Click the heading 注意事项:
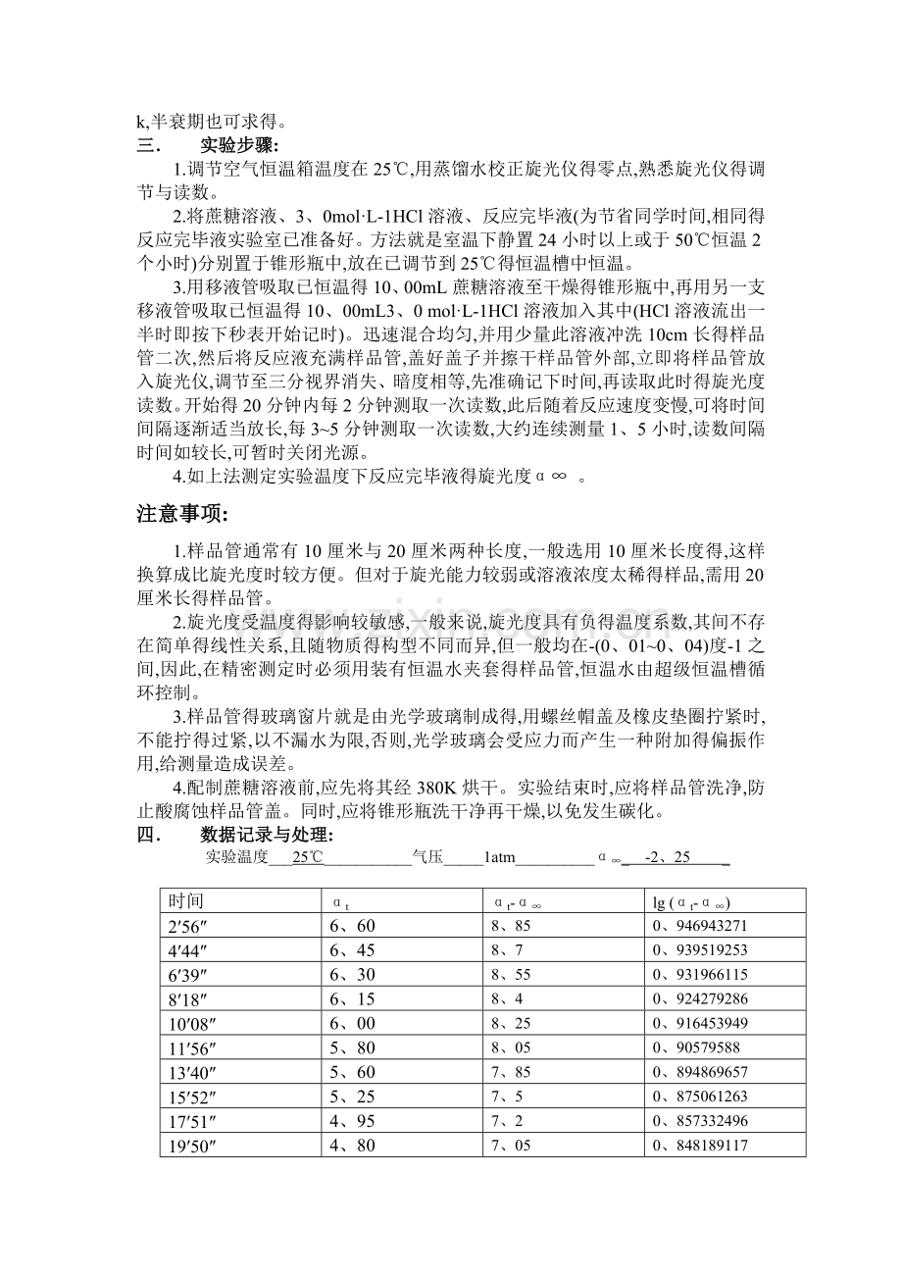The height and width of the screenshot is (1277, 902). (x=182, y=515)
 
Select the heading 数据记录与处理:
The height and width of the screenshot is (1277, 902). (x=267, y=835)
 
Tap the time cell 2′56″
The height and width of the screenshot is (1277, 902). (x=187, y=926)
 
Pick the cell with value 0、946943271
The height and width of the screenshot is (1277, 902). (x=700, y=926)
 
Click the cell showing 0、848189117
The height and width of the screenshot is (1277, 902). (x=700, y=1145)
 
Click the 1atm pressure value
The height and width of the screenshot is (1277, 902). (x=499, y=857)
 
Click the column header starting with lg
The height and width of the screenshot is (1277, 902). (x=691, y=901)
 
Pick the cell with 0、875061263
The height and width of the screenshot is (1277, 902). (x=700, y=1097)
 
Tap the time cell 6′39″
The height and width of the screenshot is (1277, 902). (x=187, y=974)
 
